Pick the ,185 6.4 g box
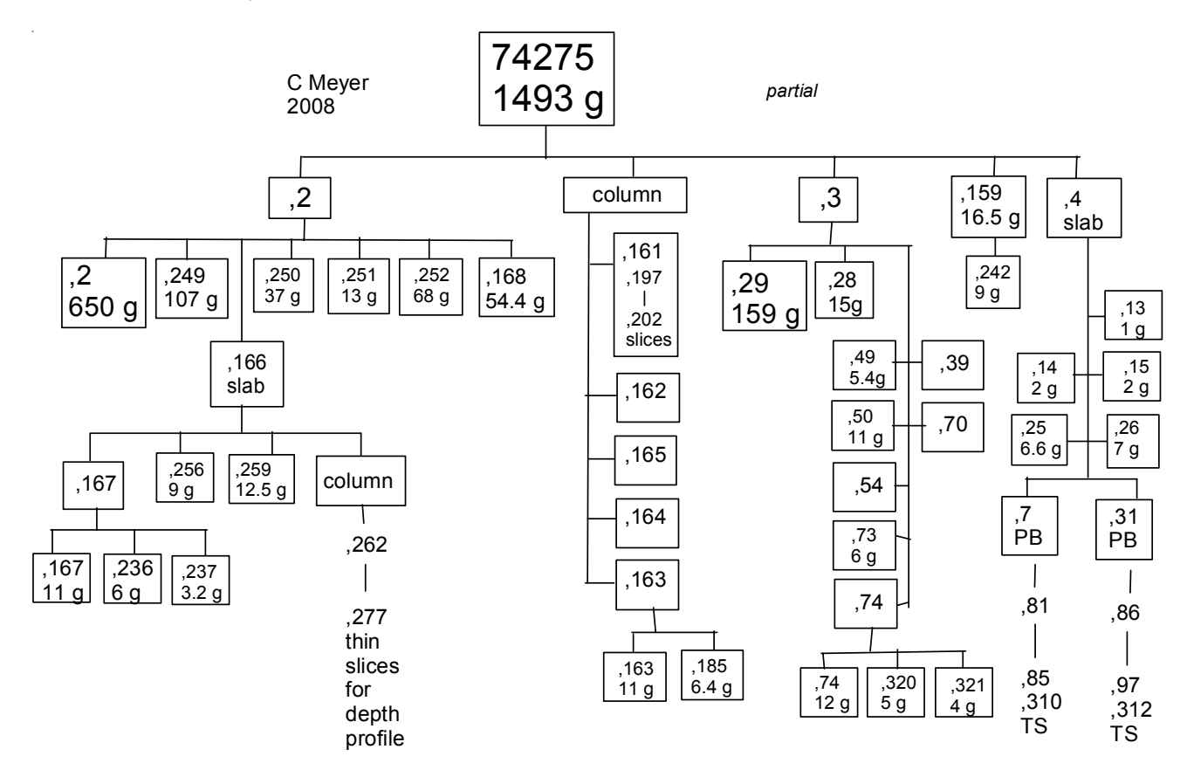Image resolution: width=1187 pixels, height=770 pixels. [x=711, y=675]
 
